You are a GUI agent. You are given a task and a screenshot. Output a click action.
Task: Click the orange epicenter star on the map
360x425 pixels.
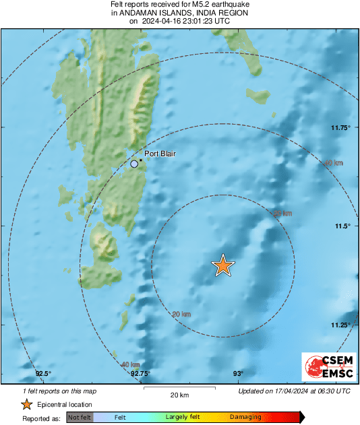coord(222,266)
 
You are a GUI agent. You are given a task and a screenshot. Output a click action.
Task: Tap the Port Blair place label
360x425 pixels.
coord(160,154)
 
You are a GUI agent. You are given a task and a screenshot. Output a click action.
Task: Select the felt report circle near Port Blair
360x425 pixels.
coord(134,164)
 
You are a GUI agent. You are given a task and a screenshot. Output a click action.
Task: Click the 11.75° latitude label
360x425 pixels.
coord(340,127)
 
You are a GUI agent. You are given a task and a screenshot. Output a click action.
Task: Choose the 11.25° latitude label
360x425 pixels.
coord(340,325)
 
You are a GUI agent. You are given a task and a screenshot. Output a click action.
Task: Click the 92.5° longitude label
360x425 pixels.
coord(44,373)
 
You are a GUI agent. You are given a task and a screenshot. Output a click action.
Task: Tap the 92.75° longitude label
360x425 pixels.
coord(140,373)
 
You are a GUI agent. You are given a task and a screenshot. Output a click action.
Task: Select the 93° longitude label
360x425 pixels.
coord(238,373)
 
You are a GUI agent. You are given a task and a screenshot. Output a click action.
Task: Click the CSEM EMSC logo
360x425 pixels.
coord(326,367)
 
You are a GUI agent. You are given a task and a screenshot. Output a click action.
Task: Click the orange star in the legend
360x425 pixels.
coord(26,405)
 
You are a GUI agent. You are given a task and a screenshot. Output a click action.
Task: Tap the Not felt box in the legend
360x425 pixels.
coord(79,418)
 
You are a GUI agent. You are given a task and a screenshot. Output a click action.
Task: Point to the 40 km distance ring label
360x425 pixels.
coord(130,364)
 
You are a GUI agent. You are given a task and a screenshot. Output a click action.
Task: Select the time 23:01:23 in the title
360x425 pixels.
coord(196,21)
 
